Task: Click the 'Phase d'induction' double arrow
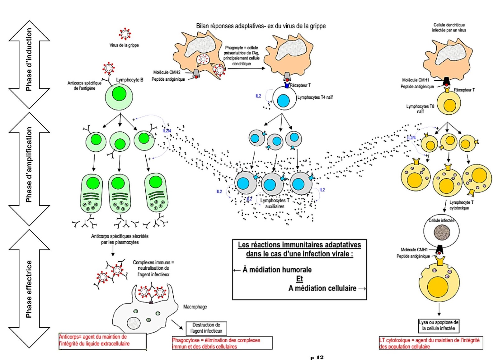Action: click(29, 64)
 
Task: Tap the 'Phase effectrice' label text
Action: click(29, 289)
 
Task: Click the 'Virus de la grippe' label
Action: click(124, 45)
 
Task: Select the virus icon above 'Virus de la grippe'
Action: click(125, 34)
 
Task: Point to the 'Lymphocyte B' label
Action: click(129, 80)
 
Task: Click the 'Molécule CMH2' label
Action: click(167, 72)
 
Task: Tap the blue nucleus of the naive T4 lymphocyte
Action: click(283, 101)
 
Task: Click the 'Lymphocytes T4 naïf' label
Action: click(315, 97)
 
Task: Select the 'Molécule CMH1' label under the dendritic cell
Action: click(415, 80)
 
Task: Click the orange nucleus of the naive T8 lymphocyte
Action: click(449, 106)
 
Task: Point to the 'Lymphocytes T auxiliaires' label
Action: click(275, 203)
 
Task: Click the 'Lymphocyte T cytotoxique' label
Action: click(461, 205)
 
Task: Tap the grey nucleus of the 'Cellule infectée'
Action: click(442, 232)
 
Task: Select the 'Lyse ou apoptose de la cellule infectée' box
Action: click(439, 325)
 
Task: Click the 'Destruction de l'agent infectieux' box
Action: click(206, 328)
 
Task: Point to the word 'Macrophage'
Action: click(195, 307)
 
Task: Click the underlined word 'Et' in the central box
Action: click(299, 279)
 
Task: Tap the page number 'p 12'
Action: click(317, 357)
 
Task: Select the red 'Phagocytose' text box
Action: click(222, 343)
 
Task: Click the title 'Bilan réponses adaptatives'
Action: click(261, 26)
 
